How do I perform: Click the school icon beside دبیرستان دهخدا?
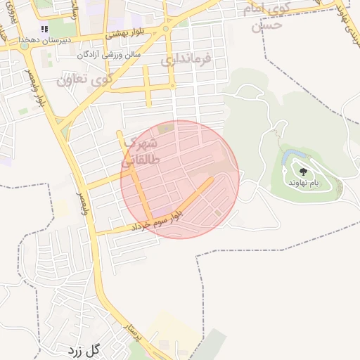click(x=44, y=30)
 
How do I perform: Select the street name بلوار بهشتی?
click(x=129, y=34)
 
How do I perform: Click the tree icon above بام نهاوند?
click(x=304, y=171)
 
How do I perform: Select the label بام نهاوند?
click(x=303, y=183)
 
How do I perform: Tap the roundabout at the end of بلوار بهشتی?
click(x=166, y=29)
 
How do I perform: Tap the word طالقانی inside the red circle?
click(x=144, y=160)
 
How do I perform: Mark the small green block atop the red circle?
click(x=166, y=128)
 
